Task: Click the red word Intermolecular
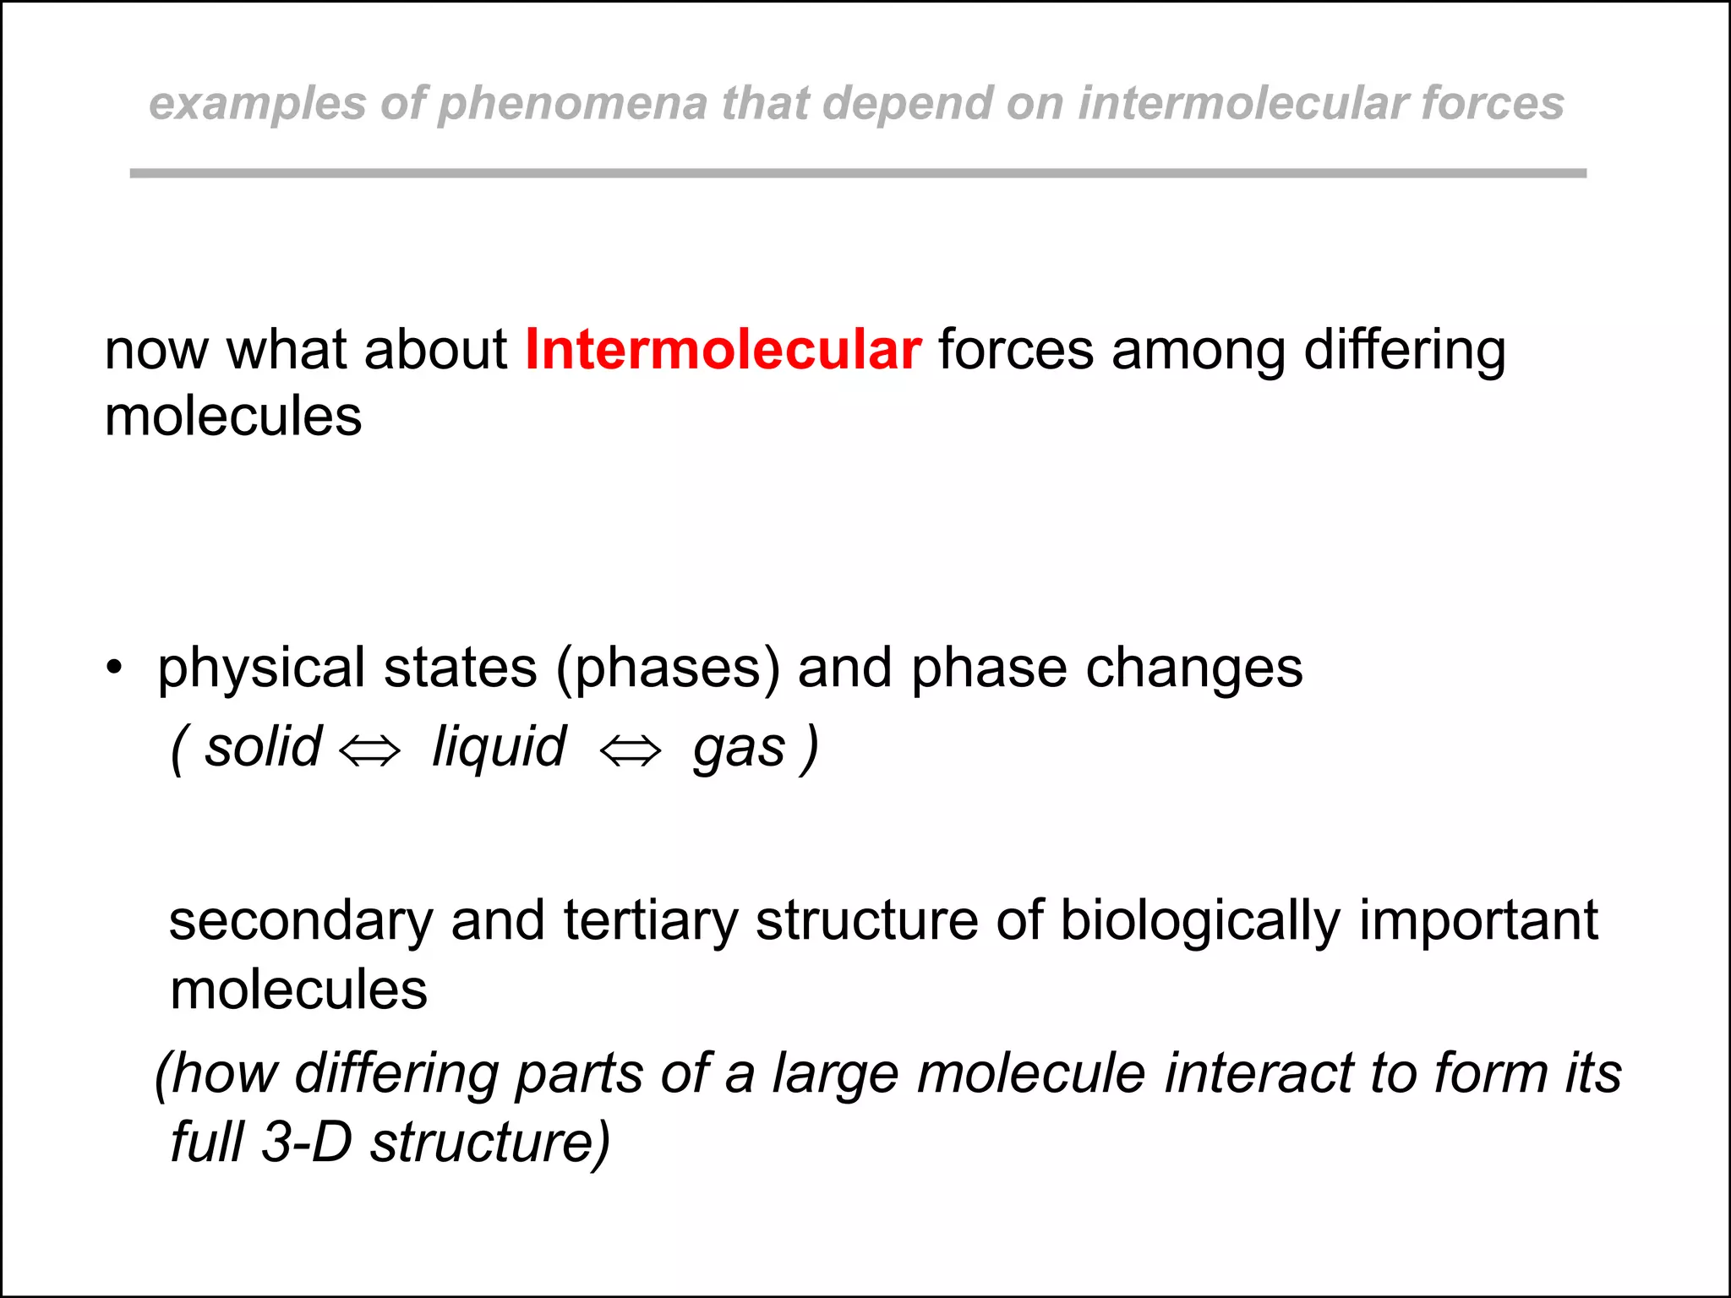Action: (723, 350)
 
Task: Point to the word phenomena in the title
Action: (572, 105)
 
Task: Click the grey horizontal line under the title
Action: (857, 173)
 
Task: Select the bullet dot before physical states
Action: (114, 668)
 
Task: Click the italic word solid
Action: (263, 748)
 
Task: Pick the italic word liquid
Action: (499, 748)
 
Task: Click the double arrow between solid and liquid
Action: (369, 750)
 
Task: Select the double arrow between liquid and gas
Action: (630, 750)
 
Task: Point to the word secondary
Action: (301, 920)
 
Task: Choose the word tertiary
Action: (650, 920)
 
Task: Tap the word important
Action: (1478, 922)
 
